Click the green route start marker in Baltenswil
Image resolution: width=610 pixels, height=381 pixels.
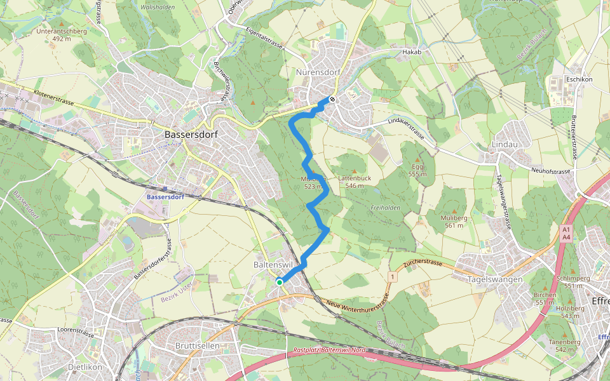pyautogui.click(x=279, y=281)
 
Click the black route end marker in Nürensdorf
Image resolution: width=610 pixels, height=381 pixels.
pyautogui.click(x=332, y=98)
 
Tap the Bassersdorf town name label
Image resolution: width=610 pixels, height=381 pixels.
pyautogui.click(x=191, y=135)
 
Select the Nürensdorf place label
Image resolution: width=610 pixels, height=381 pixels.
pyautogui.click(x=318, y=72)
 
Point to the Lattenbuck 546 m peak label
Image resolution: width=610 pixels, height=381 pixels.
pyautogui.click(x=355, y=182)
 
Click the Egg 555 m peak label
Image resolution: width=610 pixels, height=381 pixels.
pyautogui.click(x=417, y=170)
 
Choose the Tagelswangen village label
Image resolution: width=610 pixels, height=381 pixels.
pyautogui.click(x=494, y=279)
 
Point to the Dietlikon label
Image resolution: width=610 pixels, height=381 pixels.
pyautogui.click(x=85, y=367)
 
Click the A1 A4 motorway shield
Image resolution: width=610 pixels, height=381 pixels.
pyautogui.click(x=566, y=232)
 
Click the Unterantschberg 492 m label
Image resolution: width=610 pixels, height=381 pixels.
pyautogui.click(x=61, y=34)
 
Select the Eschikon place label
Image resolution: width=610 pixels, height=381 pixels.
pyautogui.click(x=578, y=79)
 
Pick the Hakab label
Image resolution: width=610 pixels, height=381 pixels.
pyautogui.click(x=412, y=51)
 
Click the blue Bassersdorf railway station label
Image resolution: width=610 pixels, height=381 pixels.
pyautogui.click(x=165, y=197)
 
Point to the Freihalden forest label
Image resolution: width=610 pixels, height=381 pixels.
pyautogui.click(x=385, y=208)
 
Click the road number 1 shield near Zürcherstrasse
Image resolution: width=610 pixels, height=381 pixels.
pyautogui.click(x=393, y=277)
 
